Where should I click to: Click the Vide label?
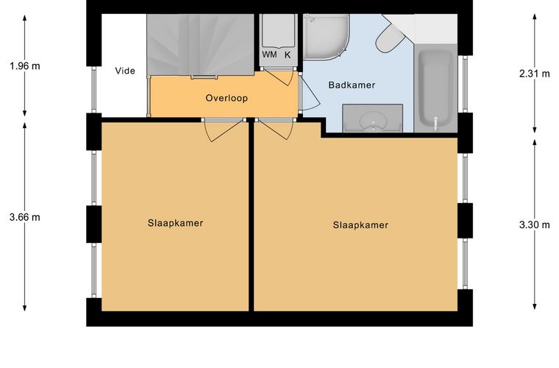click(x=125, y=71)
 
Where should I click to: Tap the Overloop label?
click(x=227, y=98)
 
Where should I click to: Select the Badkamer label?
click(x=352, y=85)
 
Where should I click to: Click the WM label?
click(x=269, y=54)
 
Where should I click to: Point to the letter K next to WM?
click(x=288, y=55)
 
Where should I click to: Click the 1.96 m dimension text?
click(x=25, y=66)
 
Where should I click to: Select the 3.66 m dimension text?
click(x=25, y=217)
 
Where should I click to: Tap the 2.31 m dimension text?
click(x=535, y=74)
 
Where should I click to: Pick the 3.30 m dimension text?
click(x=535, y=225)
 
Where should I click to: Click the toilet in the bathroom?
click(x=391, y=38)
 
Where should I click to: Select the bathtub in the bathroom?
click(x=435, y=89)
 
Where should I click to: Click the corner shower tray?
click(x=326, y=37)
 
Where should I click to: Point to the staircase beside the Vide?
click(x=200, y=45)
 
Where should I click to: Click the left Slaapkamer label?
click(x=175, y=223)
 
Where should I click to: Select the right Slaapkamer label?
click(x=360, y=225)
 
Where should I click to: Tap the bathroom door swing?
click(x=309, y=93)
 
